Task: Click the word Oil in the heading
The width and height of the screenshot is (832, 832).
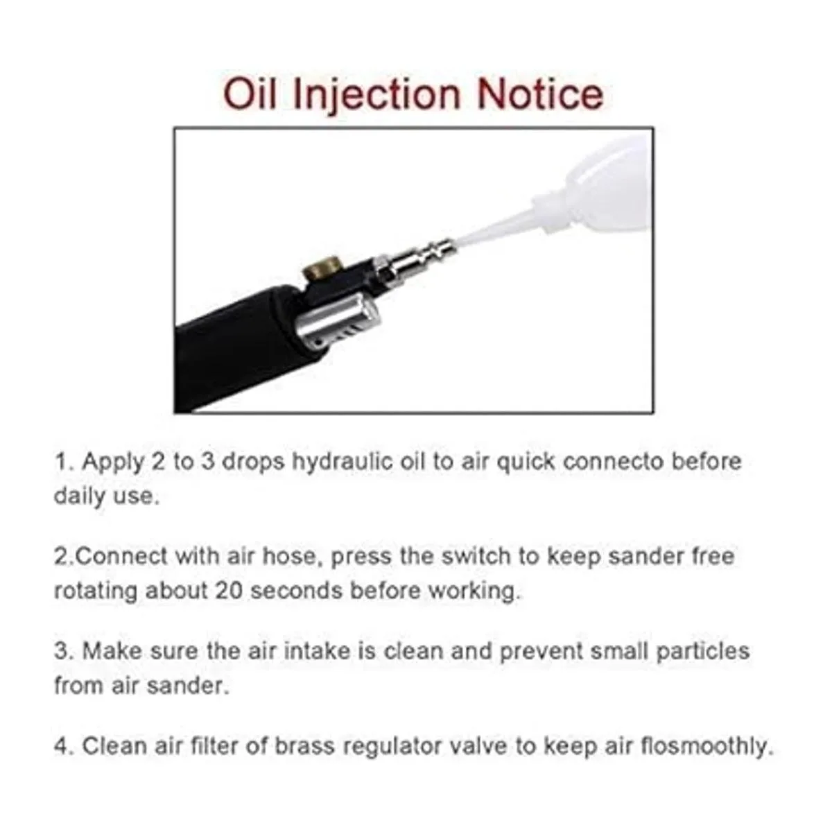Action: (x=250, y=94)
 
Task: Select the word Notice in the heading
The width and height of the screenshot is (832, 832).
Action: (x=539, y=94)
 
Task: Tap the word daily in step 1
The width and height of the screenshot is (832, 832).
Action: (x=80, y=497)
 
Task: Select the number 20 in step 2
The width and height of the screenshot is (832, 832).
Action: (x=229, y=591)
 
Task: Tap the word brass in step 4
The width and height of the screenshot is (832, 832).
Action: (x=305, y=746)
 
